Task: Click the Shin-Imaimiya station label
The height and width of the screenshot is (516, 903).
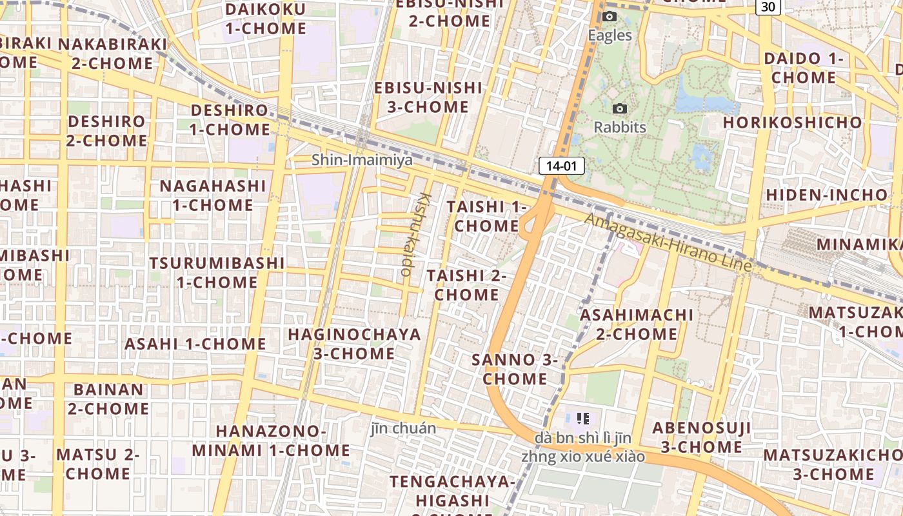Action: (362, 159)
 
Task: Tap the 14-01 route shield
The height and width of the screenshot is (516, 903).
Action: (561, 166)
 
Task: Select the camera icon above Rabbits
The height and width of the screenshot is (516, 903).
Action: (620, 108)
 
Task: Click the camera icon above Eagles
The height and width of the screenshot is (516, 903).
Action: (610, 17)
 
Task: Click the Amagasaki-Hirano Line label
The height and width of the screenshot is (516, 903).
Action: (668, 242)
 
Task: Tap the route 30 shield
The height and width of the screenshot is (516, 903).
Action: (768, 6)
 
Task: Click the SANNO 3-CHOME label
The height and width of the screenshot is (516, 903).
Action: (515, 369)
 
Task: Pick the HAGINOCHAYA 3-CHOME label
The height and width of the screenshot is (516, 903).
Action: (354, 344)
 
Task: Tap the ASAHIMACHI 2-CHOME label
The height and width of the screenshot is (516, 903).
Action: (637, 324)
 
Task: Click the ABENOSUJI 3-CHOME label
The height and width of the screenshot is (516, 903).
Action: (701, 437)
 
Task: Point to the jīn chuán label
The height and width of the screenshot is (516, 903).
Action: (403, 428)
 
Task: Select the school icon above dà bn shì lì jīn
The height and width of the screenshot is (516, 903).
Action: (583, 419)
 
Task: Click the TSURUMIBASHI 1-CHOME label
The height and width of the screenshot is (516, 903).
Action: (217, 272)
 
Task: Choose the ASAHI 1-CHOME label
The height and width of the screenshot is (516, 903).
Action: (195, 344)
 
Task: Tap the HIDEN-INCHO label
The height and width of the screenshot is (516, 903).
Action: (826, 194)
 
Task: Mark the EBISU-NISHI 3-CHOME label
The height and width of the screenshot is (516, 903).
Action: (428, 97)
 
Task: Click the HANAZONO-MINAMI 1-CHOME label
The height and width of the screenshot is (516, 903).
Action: (271, 441)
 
